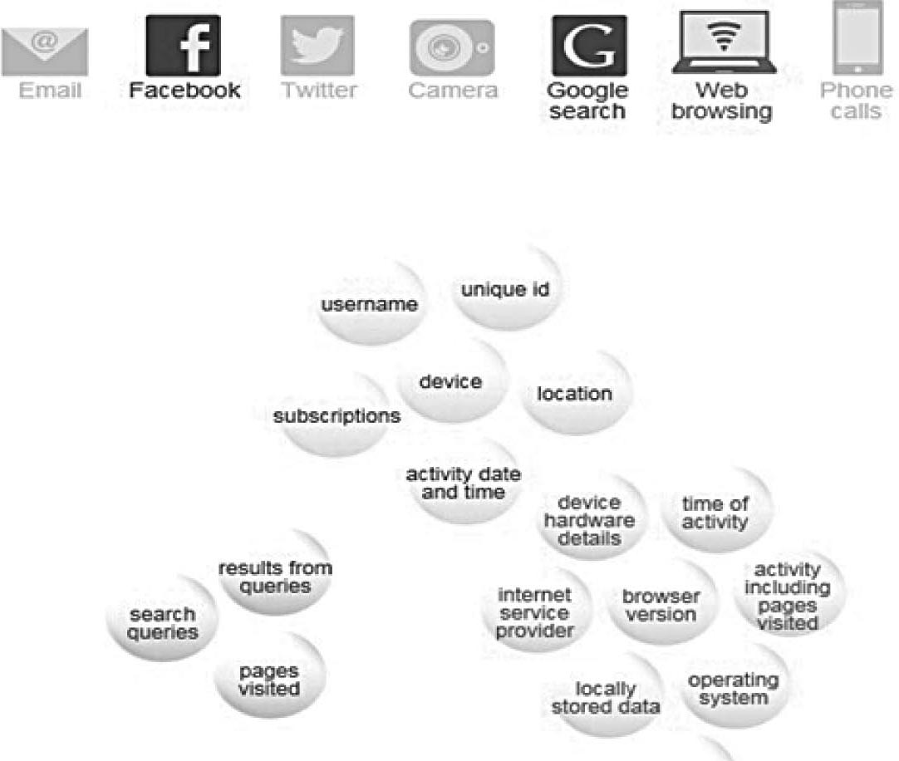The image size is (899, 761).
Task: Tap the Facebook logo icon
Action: point(183,46)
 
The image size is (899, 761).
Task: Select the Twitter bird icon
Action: point(317,46)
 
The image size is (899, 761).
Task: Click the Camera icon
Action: point(452,48)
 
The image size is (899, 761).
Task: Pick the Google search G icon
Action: point(589,46)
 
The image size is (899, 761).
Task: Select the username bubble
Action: point(369,305)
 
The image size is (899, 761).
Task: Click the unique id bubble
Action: point(505,291)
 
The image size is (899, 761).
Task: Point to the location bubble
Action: point(574,394)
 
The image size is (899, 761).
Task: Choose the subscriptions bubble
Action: point(337,415)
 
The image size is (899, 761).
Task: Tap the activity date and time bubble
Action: point(463,483)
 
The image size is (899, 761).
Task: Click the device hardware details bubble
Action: point(589,520)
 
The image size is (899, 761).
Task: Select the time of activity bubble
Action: point(715,513)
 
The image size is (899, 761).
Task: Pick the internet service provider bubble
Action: point(535,613)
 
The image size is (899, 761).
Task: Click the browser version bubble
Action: point(661,606)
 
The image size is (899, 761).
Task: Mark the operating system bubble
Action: point(733,689)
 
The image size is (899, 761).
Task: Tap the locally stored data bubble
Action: point(606,698)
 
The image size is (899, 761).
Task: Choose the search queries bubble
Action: point(162,623)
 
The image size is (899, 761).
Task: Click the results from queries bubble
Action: point(274,577)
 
